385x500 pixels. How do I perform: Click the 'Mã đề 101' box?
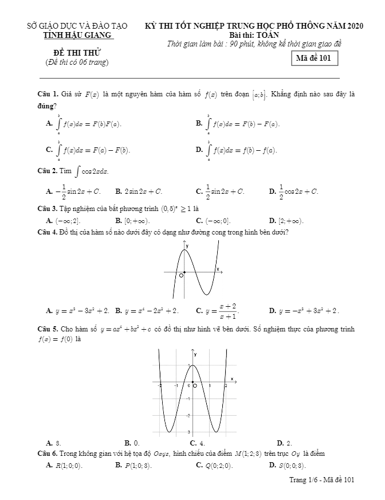pos(314,58)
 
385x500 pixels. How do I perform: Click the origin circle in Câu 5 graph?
pos(195,386)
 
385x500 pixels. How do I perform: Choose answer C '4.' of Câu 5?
pos(198,443)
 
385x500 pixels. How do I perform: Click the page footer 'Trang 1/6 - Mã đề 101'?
pos(322,479)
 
